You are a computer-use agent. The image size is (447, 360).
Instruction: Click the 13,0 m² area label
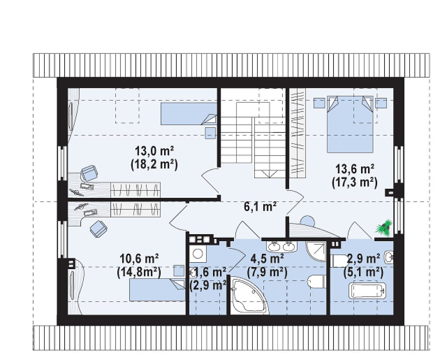(155, 150)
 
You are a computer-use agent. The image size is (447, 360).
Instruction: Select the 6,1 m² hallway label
(260, 206)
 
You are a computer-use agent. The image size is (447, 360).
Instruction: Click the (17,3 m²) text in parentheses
(354, 183)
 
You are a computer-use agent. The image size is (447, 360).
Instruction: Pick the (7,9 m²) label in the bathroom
(267, 273)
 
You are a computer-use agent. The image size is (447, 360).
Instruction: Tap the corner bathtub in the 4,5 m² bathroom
(249, 297)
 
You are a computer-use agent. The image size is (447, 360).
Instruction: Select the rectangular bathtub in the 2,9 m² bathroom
(367, 291)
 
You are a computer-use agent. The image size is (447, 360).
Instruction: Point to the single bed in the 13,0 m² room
(189, 114)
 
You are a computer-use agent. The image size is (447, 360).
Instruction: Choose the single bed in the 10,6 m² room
(157, 290)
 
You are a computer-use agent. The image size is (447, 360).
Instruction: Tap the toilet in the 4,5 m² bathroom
(316, 281)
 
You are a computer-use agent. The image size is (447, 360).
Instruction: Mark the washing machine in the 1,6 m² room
(197, 253)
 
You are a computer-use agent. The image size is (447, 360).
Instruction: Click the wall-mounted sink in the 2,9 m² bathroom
(389, 258)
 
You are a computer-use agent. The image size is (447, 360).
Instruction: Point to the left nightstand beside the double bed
(319, 103)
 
